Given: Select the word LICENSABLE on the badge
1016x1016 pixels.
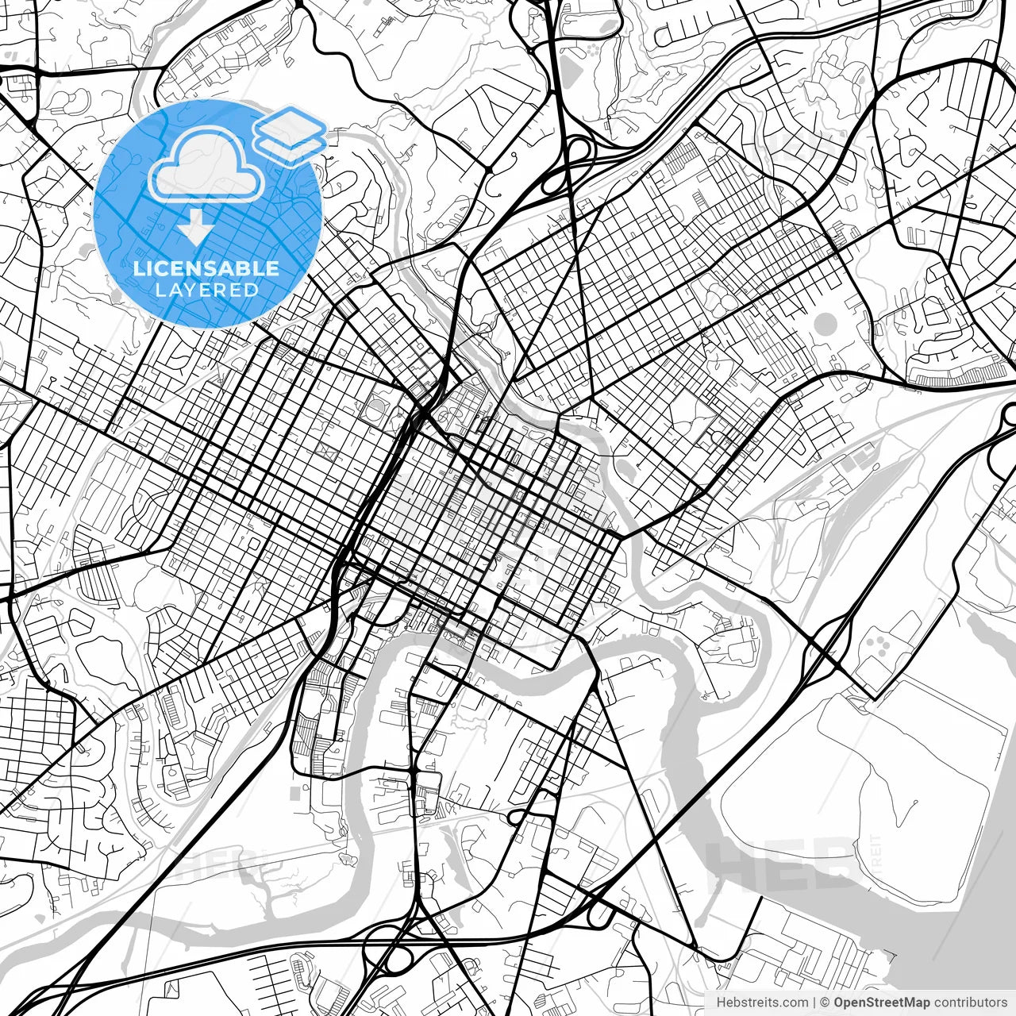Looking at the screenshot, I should point(206,268).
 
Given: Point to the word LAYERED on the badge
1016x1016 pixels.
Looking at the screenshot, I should point(206,290).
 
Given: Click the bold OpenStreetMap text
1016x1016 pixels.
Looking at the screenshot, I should point(882,1003).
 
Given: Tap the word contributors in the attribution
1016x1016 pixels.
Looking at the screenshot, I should point(970,1003).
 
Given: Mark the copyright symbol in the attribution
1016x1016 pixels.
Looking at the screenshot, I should point(825,1003).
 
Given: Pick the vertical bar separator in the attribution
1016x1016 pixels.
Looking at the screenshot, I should point(814,1003).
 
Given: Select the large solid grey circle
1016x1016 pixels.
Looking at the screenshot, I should point(825,324).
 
